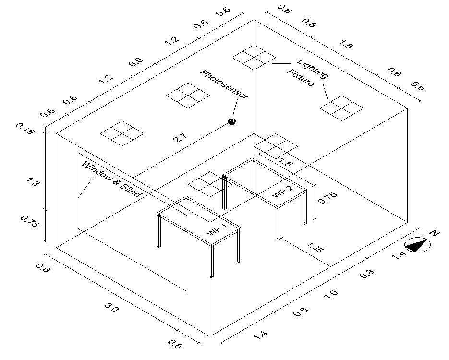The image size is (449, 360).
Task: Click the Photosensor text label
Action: tap(225, 85)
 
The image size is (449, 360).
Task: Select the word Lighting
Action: tap(313, 69)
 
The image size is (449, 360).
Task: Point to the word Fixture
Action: tap(301, 78)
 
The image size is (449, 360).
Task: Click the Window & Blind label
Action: tap(111, 179)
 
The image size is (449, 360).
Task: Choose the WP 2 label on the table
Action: tap(282, 191)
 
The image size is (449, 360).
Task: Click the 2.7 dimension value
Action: tap(180, 138)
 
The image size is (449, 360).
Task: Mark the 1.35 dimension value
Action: tap(315, 248)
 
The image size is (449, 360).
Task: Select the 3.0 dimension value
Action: tap(111, 308)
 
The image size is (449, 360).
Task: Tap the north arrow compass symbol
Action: tap(417, 245)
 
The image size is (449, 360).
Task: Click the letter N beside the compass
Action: tap(435, 234)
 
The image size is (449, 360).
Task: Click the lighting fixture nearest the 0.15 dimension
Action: tap(122, 133)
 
